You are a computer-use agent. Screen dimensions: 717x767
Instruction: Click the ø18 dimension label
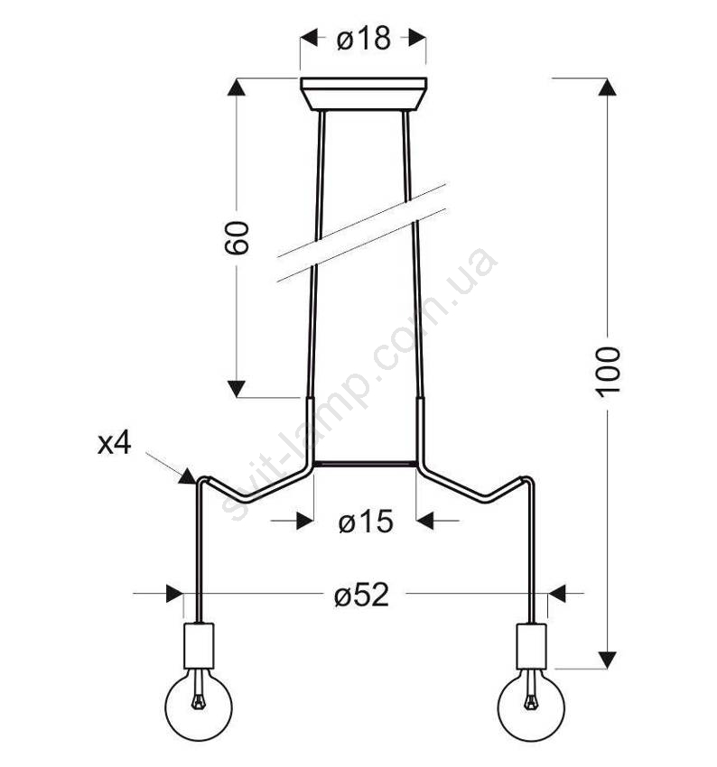click(363, 38)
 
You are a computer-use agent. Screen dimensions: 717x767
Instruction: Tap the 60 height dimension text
click(237, 237)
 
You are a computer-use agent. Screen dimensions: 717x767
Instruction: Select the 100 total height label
click(608, 372)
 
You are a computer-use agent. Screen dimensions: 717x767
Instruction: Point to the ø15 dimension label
click(366, 521)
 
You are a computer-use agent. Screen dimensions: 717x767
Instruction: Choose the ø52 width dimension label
click(362, 596)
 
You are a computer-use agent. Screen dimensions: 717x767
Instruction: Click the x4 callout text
click(114, 444)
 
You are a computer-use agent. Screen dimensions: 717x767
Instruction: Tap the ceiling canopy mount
click(364, 94)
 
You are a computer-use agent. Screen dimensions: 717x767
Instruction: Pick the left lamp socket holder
click(200, 646)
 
